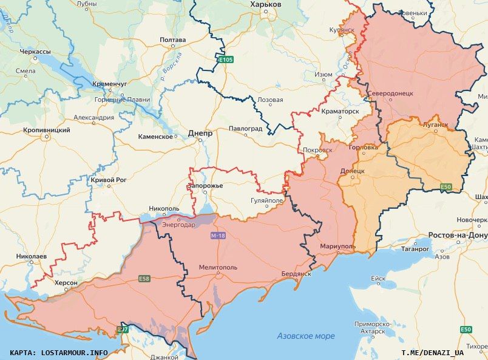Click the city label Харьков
pyautogui.click(x=266, y=4)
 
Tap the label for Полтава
pyautogui.click(x=172, y=40)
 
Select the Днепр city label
pyautogui.click(x=200, y=132)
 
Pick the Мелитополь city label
pyautogui.click(x=218, y=267)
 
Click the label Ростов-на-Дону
pyautogui.click(x=458, y=235)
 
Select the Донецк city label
pyautogui.click(x=352, y=171)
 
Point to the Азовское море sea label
pyautogui.click(x=306, y=336)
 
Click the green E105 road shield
pyautogui.click(x=226, y=59)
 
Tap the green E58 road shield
pyautogui.click(x=144, y=279)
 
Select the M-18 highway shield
pyautogui.click(x=219, y=235)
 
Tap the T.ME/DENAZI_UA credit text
pyautogui.click(x=432, y=352)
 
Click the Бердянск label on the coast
pyautogui.click(x=296, y=274)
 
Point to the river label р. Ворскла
pyautogui.click(x=172, y=67)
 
